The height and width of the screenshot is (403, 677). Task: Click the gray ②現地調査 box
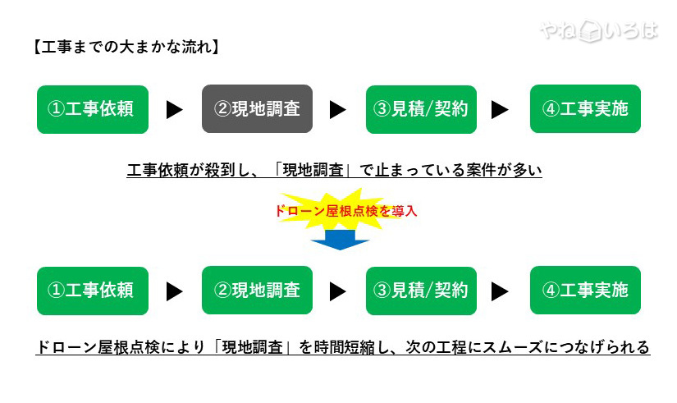click(257, 108)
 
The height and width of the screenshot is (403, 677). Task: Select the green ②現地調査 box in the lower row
click(257, 290)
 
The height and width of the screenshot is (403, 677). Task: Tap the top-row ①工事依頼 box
click(93, 108)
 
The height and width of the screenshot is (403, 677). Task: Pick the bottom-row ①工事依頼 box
click(93, 290)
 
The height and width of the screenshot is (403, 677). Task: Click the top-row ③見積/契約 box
click(421, 108)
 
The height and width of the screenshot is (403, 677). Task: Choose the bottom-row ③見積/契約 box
click(421, 290)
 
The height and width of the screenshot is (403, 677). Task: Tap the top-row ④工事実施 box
click(585, 108)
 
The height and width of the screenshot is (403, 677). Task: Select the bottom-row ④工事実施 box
click(585, 290)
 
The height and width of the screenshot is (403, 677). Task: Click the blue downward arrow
click(340, 239)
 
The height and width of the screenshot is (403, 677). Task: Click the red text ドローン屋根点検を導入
click(345, 211)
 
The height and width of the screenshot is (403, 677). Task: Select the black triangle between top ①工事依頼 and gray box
click(174, 109)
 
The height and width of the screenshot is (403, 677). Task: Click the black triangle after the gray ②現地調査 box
click(337, 109)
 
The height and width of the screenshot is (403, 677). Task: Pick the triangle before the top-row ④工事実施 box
click(500, 109)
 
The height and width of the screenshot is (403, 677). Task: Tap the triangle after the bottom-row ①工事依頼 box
click(174, 291)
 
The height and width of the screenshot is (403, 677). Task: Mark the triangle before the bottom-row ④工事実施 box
click(500, 291)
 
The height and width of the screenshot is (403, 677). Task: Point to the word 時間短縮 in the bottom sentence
click(345, 347)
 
